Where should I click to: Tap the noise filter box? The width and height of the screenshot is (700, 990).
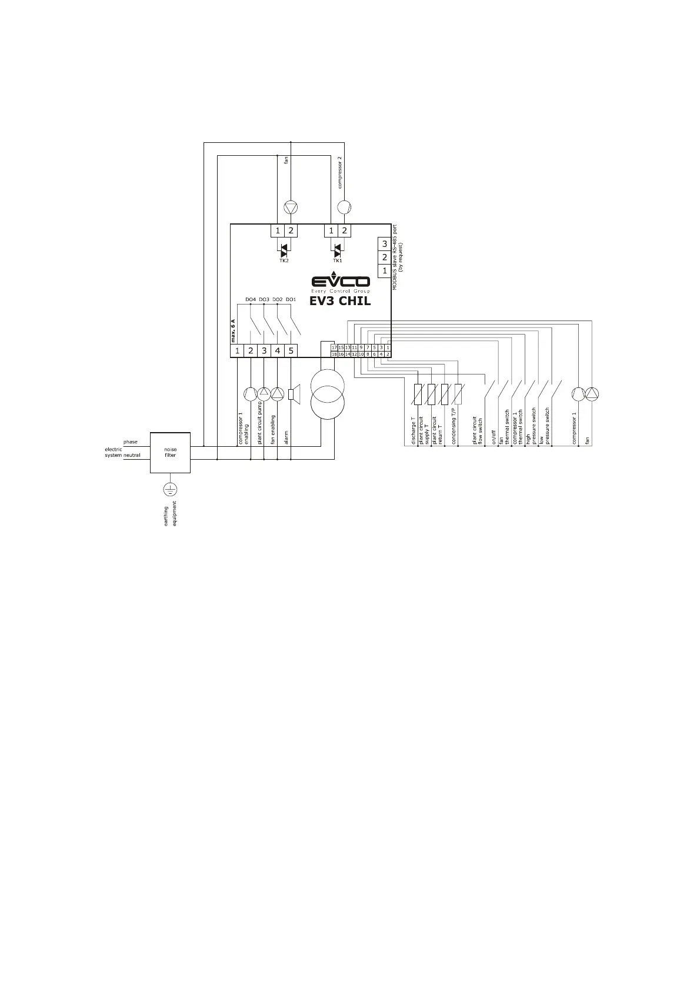click(170, 453)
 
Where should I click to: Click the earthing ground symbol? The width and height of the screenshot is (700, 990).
click(170, 489)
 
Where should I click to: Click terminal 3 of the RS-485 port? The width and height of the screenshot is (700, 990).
click(385, 244)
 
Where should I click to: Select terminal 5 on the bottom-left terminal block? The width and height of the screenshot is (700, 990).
click(291, 351)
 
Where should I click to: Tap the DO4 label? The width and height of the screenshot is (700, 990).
click(251, 300)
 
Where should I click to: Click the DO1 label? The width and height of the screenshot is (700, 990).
click(291, 300)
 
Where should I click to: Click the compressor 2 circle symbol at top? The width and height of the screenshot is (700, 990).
click(344, 207)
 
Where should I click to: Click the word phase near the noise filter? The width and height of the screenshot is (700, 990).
click(130, 442)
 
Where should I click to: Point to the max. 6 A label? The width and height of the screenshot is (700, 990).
click(233, 330)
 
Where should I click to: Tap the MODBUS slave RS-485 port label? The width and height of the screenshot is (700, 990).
click(395, 257)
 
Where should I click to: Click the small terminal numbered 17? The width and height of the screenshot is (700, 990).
click(334, 348)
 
